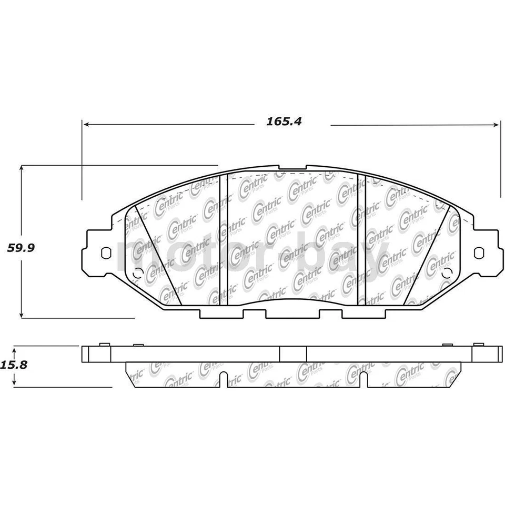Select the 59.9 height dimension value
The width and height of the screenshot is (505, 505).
[x=21, y=248]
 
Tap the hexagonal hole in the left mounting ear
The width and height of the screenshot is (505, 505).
[x=106, y=253]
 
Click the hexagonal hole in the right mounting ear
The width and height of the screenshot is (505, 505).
[x=478, y=253]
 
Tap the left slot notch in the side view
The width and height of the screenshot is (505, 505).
[x=224, y=379]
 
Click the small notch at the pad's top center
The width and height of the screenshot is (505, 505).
[x=292, y=169]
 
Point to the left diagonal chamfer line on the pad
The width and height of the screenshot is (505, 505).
[x=158, y=255]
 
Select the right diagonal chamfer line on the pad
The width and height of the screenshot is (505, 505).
[x=427, y=255]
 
